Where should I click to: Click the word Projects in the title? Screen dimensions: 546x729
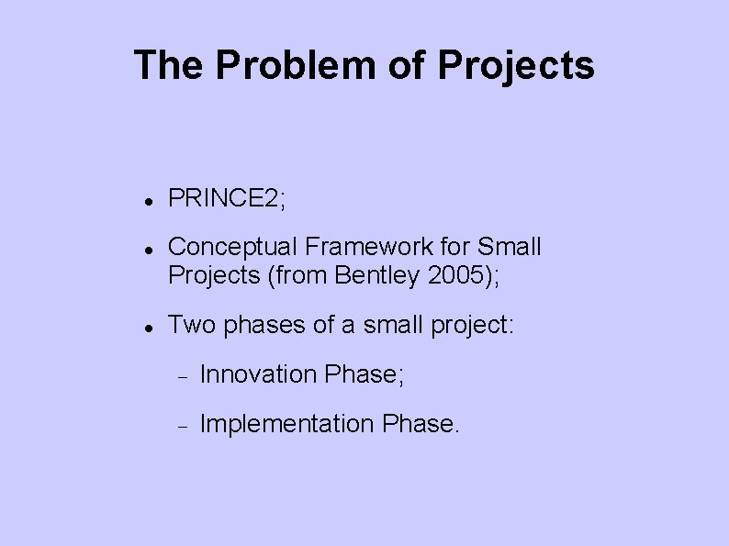[x=516, y=66]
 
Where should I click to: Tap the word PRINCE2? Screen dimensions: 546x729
[x=226, y=197]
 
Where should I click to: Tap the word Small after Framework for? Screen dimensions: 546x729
[x=512, y=247]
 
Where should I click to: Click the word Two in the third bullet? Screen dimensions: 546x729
[x=190, y=324]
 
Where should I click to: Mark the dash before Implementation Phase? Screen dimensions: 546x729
[x=183, y=426]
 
